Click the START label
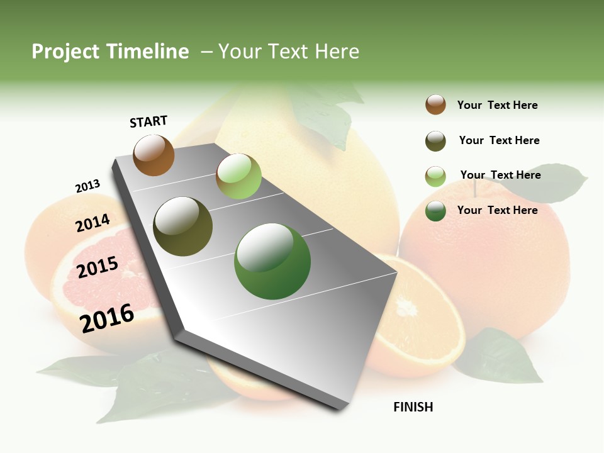tap(148, 121)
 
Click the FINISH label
tap(413, 407)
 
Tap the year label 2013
tap(87, 186)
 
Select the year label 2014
tap(92, 223)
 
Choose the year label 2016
tap(107, 318)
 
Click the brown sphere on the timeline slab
tap(154, 155)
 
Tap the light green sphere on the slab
tap(238, 176)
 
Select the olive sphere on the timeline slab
tap(183, 226)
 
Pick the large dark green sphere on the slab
tap(272, 261)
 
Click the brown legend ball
tap(435, 104)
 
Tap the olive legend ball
tap(435, 141)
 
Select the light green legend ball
tap(435, 176)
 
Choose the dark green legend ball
tap(435, 211)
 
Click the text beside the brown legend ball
tap(497, 105)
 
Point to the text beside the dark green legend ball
tap(497, 210)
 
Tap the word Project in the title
tap(67, 52)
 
